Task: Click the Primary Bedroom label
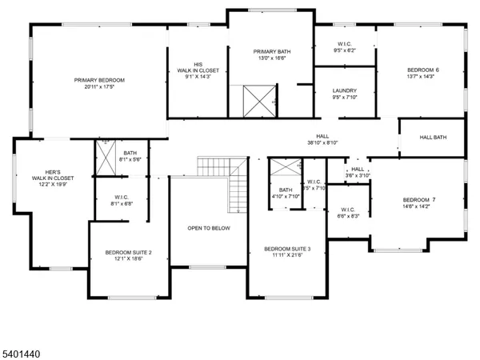click(x=99, y=80)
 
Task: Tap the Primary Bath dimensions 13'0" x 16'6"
click(x=269, y=58)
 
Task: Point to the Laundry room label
click(x=344, y=90)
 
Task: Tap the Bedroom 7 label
click(x=418, y=199)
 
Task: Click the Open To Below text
click(x=209, y=228)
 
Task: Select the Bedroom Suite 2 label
click(x=128, y=253)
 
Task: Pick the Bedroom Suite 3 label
click(x=287, y=249)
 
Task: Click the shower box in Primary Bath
click(x=260, y=101)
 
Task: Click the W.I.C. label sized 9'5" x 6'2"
click(x=343, y=45)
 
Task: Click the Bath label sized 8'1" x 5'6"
click(x=129, y=155)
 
